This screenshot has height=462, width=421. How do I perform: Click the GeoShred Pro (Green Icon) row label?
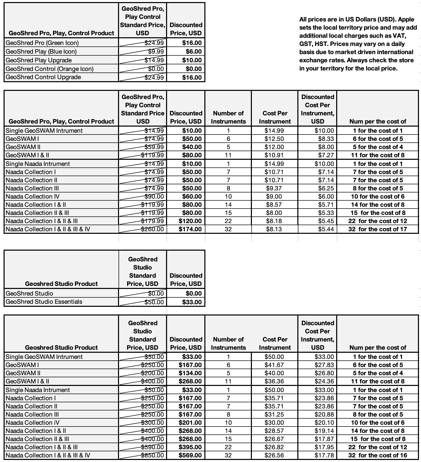pyautogui.click(x=42, y=43)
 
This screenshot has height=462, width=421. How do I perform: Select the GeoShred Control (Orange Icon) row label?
pyautogui.click(x=50, y=69)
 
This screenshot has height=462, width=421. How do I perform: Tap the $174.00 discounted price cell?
pyautogui.click(x=190, y=229)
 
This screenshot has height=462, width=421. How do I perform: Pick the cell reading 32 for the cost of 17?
pyautogui.click(x=378, y=229)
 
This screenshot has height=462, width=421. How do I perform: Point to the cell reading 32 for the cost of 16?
pyautogui.click(x=378, y=455)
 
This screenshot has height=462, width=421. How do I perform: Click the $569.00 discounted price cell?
pyautogui.click(x=190, y=455)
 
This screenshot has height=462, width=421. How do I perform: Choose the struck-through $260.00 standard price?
pyautogui.click(x=153, y=229)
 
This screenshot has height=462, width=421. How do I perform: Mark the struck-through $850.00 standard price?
pyautogui.click(x=153, y=455)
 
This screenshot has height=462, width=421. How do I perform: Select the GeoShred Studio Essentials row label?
pyautogui.click(x=44, y=302)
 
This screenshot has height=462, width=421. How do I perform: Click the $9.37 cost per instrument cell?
pyautogui.click(x=274, y=188)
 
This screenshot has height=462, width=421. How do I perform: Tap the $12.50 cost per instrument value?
pyautogui.click(x=274, y=139)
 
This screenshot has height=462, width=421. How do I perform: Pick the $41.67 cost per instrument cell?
pyautogui.click(x=274, y=365)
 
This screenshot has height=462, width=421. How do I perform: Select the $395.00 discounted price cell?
pyautogui.click(x=190, y=447)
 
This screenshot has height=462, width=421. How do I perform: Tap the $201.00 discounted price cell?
pyautogui.click(x=190, y=423)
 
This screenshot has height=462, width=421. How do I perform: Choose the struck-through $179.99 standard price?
pyautogui.click(x=153, y=221)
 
